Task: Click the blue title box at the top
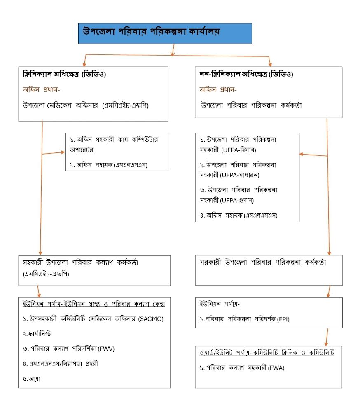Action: (165, 33)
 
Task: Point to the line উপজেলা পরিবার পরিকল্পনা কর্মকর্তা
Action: (252, 105)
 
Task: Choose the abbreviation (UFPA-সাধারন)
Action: (241, 175)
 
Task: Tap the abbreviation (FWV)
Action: (106, 349)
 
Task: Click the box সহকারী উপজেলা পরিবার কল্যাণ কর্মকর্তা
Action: (94, 270)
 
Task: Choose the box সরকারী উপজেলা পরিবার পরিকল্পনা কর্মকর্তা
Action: (268, 270)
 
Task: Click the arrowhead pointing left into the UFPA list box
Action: (302, 154)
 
